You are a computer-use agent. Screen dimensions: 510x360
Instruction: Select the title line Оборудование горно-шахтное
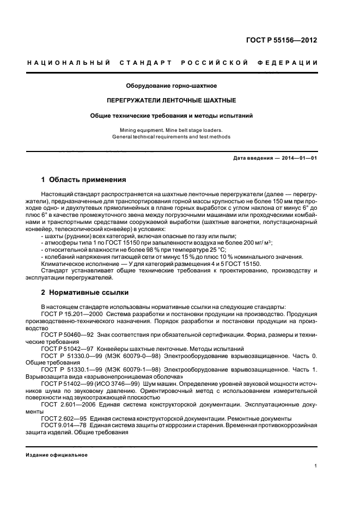click(172, 86)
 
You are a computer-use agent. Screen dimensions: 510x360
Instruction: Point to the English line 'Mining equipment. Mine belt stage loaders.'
click(172, 130)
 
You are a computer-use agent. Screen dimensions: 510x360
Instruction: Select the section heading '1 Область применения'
click(84, 179)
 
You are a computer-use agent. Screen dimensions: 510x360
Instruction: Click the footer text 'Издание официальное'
click(57, 455)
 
